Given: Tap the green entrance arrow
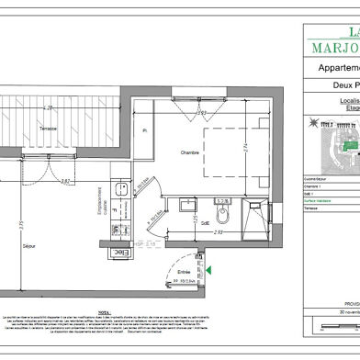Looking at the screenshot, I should click(210, 270).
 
